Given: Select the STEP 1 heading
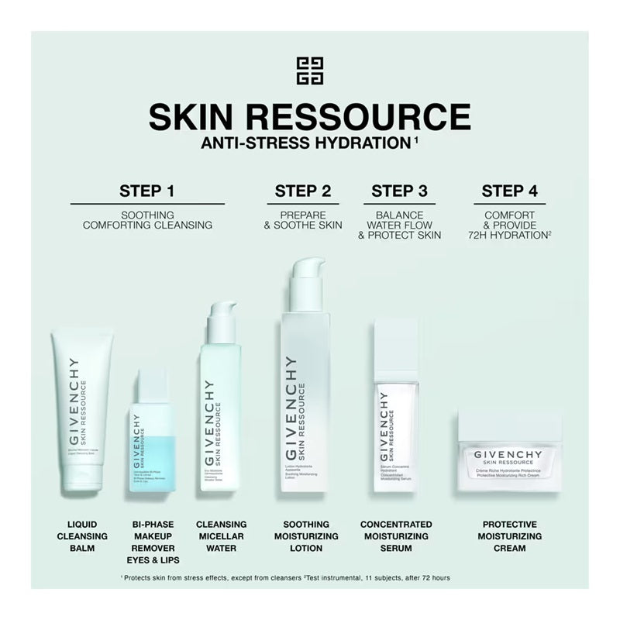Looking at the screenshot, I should [146, 191].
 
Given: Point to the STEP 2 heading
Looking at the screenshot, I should [303, 191].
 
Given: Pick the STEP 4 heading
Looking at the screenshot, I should [509, 191].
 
